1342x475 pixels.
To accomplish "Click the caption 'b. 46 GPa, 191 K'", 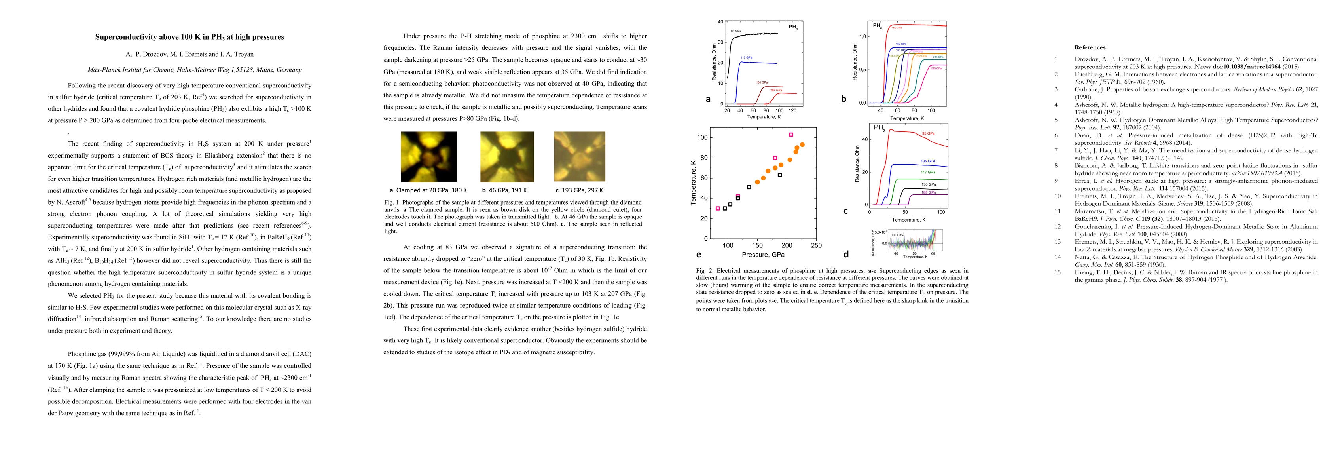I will pos(504,190).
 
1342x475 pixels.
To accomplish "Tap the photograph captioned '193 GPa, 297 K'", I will pos(579,156).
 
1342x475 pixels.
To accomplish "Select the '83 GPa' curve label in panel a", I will pos(735,32).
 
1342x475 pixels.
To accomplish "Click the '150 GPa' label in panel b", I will pos(897,28).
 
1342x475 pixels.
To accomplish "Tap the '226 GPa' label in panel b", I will pos(936,68).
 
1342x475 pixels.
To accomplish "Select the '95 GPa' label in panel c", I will pos(928,133).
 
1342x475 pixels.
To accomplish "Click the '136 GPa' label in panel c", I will pos(928,184).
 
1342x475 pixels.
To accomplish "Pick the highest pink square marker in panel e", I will pos(791,135).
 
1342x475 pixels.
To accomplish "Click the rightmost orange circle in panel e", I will pos(802,145).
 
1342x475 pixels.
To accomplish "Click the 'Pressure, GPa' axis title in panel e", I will pos(763,255).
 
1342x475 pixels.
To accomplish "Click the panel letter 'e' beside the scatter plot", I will pos(699,255).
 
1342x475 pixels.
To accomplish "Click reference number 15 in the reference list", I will pos(1058,272).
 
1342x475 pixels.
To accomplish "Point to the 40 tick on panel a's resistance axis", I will pos(720,22).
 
